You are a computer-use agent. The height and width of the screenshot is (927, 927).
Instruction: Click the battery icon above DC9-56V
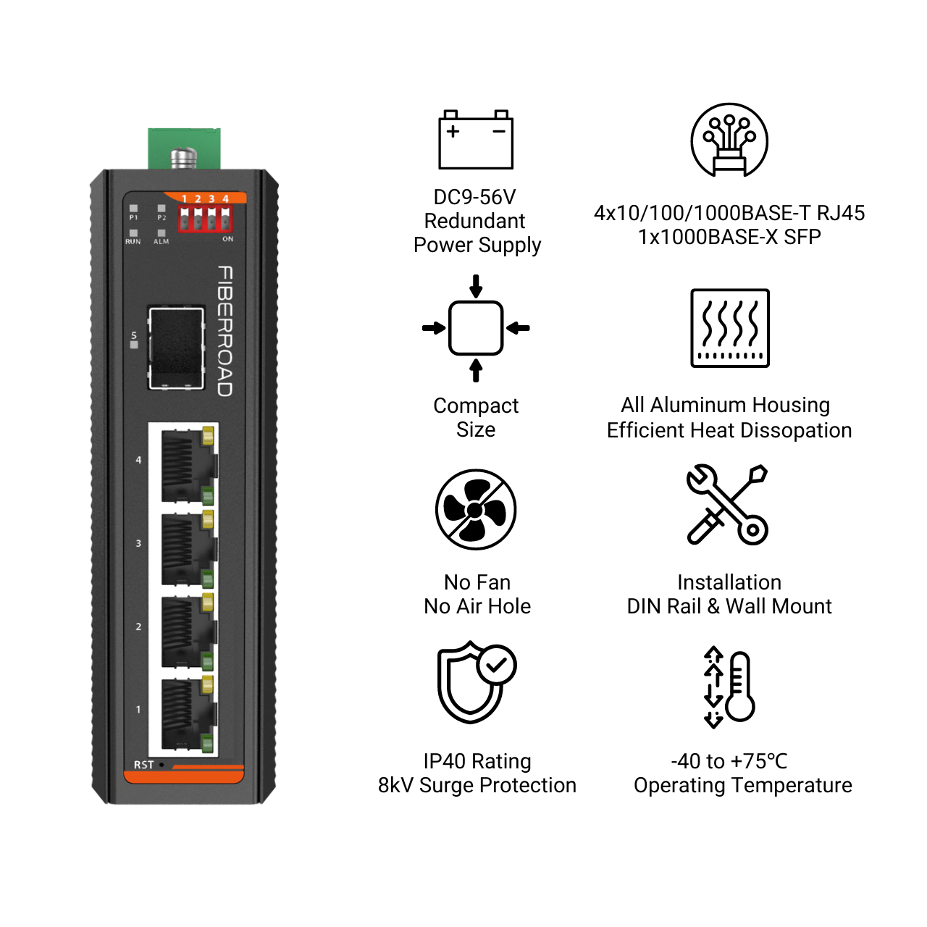coord(475,140)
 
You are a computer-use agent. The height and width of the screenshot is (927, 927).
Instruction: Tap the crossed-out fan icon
coord(475,509)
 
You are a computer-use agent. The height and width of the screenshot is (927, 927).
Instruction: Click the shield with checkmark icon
coord(477,682)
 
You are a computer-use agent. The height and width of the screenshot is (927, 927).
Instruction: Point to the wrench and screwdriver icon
coord(727,505)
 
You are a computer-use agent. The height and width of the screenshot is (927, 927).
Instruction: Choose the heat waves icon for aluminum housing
coord(729,328)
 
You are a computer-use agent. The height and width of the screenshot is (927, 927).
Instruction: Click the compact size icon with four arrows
coord(475,328)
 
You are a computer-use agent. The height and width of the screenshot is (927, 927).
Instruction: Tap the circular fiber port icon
coord(729,140)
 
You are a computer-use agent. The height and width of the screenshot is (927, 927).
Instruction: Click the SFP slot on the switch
coord(176,348)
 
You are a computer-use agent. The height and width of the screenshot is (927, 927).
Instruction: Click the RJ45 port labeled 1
coord(188,714)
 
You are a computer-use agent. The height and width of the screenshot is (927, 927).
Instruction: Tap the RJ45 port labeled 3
coord(188,548)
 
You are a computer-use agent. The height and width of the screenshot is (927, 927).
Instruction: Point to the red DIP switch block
coord(205,219)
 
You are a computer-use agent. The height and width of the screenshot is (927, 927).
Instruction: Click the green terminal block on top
coord(184,148)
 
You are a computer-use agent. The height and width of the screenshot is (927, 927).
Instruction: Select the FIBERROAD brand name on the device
coord(225,331)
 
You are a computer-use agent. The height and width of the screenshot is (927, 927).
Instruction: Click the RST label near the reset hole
coord(143,764)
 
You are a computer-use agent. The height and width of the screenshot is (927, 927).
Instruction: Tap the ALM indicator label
coord(162,241)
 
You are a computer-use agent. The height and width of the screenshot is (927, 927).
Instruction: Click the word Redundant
coord(474,221)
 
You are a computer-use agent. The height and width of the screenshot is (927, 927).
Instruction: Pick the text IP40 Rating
coord(477,761)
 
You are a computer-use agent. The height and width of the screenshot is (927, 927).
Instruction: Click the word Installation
coord(729,582)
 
